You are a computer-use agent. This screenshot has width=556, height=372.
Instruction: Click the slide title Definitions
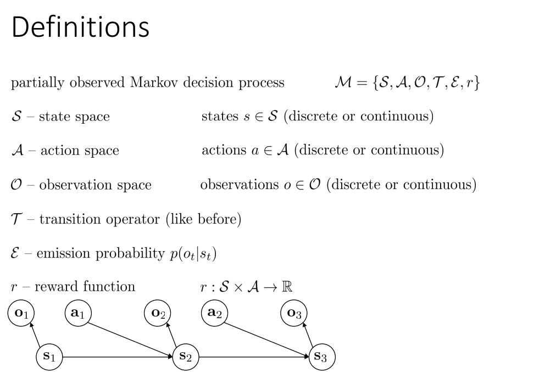pyautogui.click(x=80, y=27)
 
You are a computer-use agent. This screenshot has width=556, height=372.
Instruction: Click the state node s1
pyautogui.click(x=49, y=356)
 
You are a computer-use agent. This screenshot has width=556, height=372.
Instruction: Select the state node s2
pyautogui.click(x=186, y=356)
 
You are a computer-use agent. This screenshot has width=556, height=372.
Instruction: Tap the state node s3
pyautogui.click(x=321, y=356)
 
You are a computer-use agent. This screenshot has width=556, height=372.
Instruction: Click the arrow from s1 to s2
pyautogui.click(x=118, y=356)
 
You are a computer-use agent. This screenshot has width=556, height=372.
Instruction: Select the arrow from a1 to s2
pyautogui.click(x=132, y=335)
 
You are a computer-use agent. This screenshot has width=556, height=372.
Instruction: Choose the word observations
pyautogui.click(x=241, y=185)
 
